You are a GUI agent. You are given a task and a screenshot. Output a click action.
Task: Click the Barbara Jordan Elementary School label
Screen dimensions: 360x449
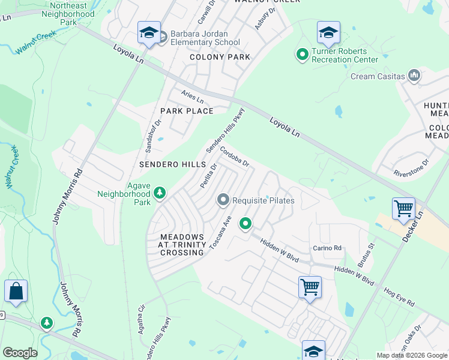pyautogui.click(x=205, y=38)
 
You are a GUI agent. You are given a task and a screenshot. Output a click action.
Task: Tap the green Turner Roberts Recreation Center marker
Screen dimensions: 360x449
pyautogui.click(x=302, y=55)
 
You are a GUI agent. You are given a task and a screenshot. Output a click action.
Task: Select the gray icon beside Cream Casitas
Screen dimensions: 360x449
pyautogui.click(x=414, y=76)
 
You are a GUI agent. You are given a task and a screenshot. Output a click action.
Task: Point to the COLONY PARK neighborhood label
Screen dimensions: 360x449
pyautogui.click(x=220, y=58)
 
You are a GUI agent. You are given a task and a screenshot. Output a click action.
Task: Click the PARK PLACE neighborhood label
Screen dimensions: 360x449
pyautogui.click(x=187, y=111)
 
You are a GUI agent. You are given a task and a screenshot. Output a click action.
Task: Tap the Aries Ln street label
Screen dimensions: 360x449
pyautogui.click(x=193, y=97)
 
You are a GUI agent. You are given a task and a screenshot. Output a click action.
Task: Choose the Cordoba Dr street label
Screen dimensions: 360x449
pyautogui.click(x=234, y=157)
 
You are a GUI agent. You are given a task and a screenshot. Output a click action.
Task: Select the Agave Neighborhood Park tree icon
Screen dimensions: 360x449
pyautogui.click(x=160, y=193)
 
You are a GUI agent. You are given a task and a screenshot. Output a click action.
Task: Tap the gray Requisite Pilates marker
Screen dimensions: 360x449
pyautogui.click(x=223, y=199)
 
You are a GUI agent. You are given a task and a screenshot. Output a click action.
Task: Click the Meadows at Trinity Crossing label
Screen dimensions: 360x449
pyautogui.click(x=182, y=245)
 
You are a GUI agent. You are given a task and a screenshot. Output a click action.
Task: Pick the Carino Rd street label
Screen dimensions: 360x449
pyautogui.click(x=327, y=248)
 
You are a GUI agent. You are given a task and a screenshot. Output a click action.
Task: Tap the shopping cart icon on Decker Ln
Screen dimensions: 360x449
pyautogui.click(x=403, y=209)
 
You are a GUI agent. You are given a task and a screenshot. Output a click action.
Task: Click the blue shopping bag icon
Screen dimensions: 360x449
pyautogui.click(x=16, y=292)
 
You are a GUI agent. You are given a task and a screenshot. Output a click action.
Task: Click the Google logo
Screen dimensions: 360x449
pyautogui.click(x=20, y=353)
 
